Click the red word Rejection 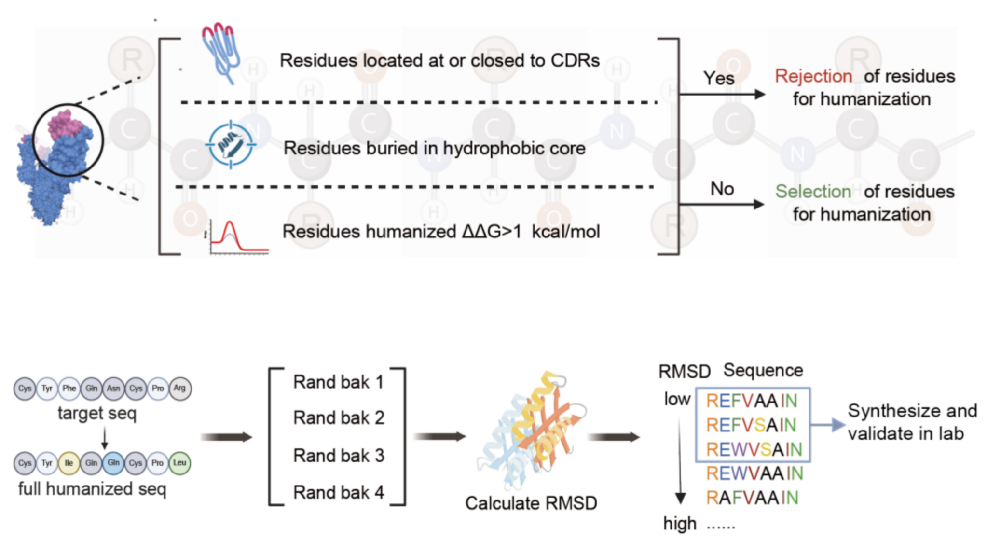(x=813, y=76)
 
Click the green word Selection (x=813, y=192)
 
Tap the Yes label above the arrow (x=718, y=78)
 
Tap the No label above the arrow (x=722, y=189)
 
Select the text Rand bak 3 (x=338, y=455)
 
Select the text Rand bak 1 (x=338, y=382)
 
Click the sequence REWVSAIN (x=754, y=449)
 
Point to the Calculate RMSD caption (x=531, y=503)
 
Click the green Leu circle (x=179, y=463)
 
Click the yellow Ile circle (x=69, y=463)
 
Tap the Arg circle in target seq (x=179, y=388)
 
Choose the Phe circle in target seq (x=69, y=388)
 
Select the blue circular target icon (x=231, y=145)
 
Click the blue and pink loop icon (x=221, y=51)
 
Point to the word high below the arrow (x=680, y=523)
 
